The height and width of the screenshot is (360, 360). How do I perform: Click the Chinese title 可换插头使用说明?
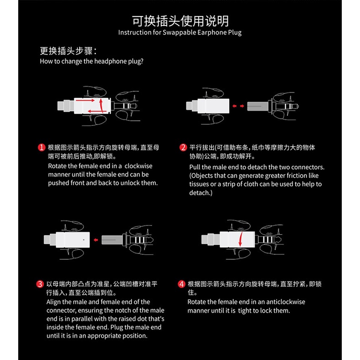tap(180, 21)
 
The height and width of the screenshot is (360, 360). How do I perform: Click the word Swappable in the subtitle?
tap(178, 32)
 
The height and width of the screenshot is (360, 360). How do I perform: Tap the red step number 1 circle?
tap(41, 148)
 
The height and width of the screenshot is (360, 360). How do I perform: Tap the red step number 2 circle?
tap(183, 148)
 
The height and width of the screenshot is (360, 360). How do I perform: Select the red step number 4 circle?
tap(181, 284)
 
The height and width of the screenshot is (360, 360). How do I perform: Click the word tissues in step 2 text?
tap(199, 184)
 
